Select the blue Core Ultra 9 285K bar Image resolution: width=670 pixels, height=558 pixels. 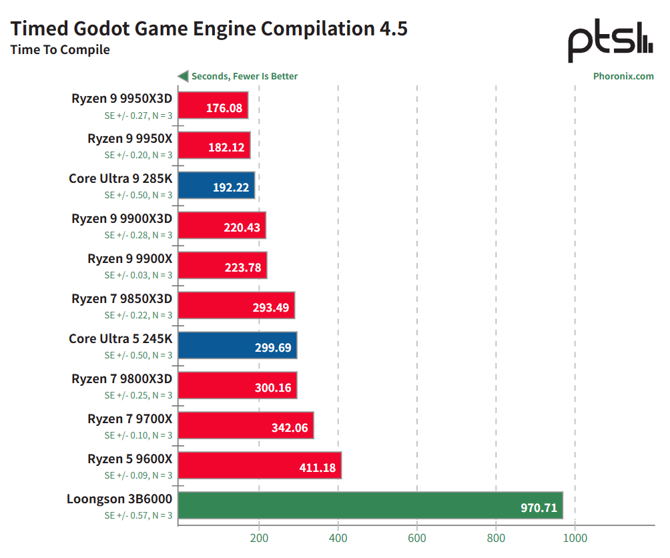click(217, 186)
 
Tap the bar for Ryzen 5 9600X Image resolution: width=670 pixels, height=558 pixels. click(260, 465)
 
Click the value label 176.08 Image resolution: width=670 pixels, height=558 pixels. click(224, 107)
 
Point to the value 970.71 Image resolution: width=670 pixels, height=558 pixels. click(539, 508)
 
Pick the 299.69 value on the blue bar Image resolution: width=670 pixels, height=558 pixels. click(274, 348)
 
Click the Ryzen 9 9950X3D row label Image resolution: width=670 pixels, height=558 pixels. click(122, 98)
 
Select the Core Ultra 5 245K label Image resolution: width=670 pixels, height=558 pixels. click(120, 338)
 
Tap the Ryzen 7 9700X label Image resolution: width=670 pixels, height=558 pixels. click(130, 418)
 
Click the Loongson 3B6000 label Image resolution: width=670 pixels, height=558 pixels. click(119, 499)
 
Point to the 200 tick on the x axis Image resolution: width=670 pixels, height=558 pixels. click(259, 539)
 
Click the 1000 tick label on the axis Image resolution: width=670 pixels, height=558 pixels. click(575, 539)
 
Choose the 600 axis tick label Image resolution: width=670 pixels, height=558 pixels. click(417, 539)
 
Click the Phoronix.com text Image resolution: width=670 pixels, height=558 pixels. click(623, 76)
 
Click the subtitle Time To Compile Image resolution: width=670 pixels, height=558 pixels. click(60, 50)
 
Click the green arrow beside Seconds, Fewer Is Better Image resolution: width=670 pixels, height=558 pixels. click(182, 76)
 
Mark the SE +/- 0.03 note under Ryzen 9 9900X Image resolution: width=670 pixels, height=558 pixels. click(138, 275)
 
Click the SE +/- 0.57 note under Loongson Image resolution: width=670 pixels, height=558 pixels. click(138, 515)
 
